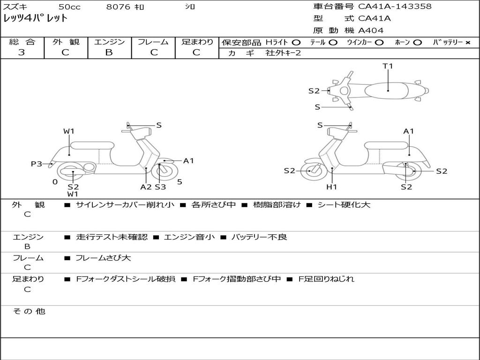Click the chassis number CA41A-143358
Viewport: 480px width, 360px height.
[395, 7]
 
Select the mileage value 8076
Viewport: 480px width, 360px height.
[119, 7]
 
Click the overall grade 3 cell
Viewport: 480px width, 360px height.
[22, 52]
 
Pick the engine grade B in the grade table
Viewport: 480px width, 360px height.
[109, 52]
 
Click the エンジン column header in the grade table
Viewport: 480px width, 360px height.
[109, 42]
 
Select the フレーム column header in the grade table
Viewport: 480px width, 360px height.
[153, 42]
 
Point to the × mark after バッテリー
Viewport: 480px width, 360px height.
[467, 43]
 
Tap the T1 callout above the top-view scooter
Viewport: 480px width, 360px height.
[388, 66]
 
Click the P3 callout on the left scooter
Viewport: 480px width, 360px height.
[37, 164]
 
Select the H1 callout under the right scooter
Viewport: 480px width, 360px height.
[332, 187]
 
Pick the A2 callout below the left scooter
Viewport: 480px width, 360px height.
[146, 187]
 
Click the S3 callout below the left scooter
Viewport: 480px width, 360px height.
[160, 187]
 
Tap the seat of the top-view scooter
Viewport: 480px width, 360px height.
[388, 90]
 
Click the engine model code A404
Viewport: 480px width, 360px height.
[371, 30]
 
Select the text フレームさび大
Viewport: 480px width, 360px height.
[103, 258]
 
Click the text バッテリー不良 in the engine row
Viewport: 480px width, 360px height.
[259, 237]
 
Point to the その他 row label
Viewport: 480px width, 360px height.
[29, 311]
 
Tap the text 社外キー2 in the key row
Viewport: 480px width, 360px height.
[283, 53]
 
